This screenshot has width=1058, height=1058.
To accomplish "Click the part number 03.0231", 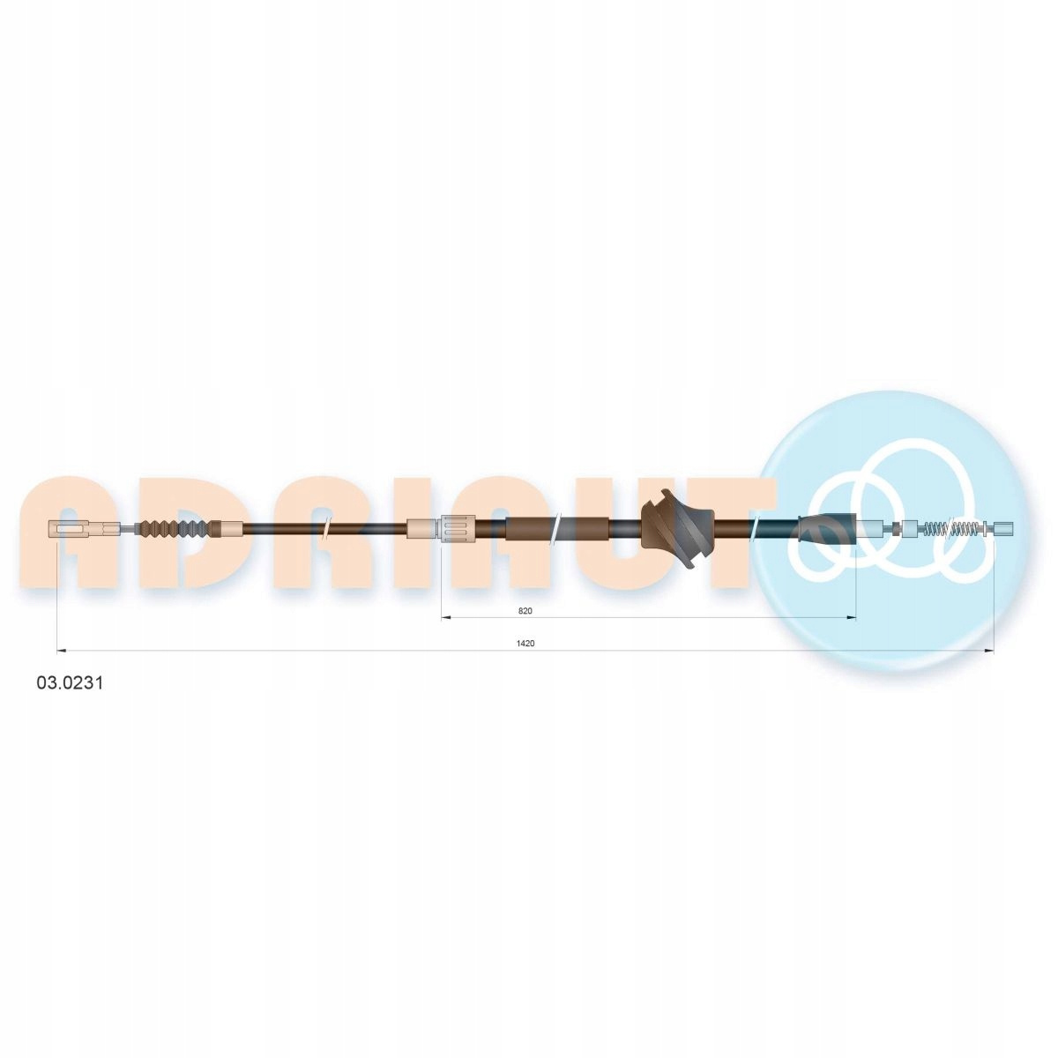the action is tap(70, 683).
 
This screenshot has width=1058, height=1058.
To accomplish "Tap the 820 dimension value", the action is tap(525, 610).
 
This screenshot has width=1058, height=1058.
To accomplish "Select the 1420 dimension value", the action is tap(525, 644).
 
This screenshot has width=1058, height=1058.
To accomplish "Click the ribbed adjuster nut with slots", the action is tap(458, 529).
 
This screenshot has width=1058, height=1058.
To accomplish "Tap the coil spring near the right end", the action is tap(957, 529).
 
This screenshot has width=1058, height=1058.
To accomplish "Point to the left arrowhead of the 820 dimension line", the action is tap(446, 618).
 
